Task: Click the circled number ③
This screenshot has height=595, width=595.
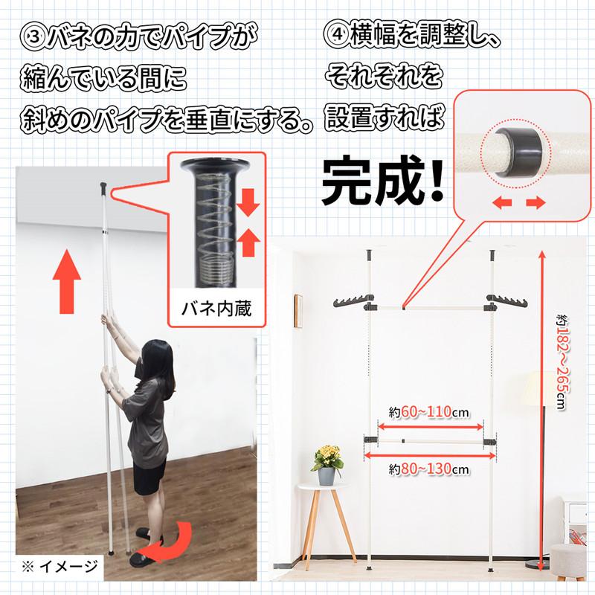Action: (x=32, y=37)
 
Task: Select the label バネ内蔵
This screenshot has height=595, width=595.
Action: (x=216, y=308)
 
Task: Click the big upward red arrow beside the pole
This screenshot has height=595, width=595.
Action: (x=67, y=281)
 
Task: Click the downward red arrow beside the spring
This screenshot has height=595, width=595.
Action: (x=248, y=203)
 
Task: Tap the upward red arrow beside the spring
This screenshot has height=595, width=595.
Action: (x=248, y=242)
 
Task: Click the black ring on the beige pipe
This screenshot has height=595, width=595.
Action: (x=518, y=152)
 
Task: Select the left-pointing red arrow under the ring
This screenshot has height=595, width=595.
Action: (x=501, y=203)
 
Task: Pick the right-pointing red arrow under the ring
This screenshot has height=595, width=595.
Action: (x=535, y=203)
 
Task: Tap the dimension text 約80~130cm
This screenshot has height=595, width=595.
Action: (x=429, y=469)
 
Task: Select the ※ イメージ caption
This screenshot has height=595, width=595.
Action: (x=59, y=567)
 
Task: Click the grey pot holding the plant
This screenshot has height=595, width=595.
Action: (x=327, y=476)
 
